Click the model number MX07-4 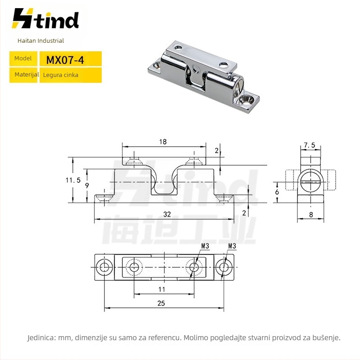(65, 60)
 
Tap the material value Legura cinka (61, 75)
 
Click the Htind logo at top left (45, 18)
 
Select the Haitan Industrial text (40, 40)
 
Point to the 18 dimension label (163, 142)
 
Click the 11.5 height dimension (73, 180)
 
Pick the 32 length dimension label (167, 214)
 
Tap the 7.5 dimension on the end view (310, 145)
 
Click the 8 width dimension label (311, 215)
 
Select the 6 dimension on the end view (277, 192)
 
